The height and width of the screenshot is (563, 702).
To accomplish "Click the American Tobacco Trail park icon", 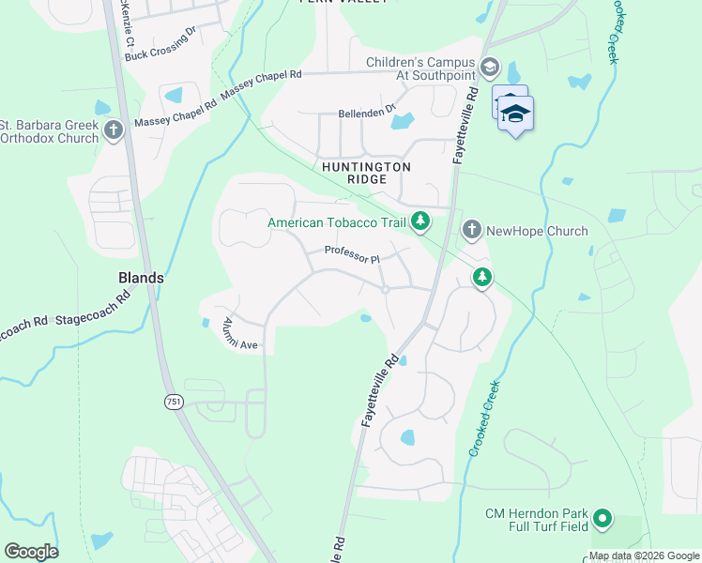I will coord(421,222).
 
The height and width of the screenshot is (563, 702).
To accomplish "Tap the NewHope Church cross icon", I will coord(471,230).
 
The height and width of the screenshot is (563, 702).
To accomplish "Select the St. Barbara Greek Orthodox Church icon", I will coord(114,130).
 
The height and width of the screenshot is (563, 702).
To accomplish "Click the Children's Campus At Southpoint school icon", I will coord(489,66).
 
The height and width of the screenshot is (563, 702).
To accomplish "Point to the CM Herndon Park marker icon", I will coord(602,518).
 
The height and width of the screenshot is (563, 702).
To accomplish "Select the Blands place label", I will coord(142,278).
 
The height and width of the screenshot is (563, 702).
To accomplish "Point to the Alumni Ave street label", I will coord(239,334).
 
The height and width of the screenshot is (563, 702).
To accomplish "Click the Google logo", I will coord(31,552).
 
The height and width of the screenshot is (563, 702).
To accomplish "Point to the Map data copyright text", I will coord(644,555).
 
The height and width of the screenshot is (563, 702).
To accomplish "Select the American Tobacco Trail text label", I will coord(336,222).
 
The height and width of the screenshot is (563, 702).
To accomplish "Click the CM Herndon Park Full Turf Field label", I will coord(536,520).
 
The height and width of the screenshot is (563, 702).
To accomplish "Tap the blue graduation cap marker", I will coord(516,114).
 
